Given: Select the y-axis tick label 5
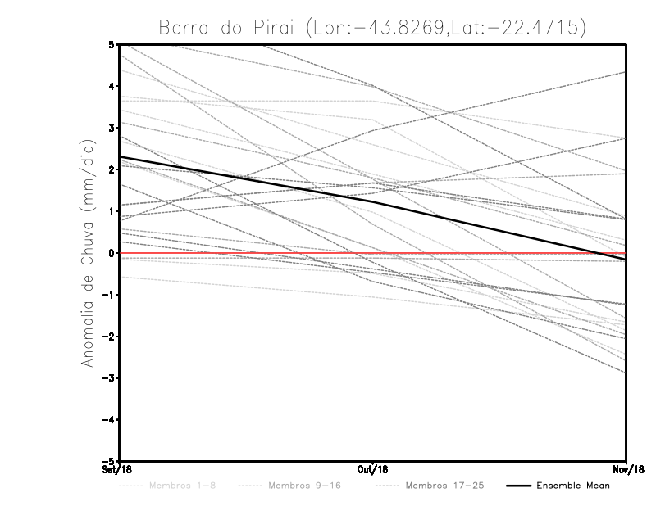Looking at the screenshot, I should pyautogui.click(x=112, y=44).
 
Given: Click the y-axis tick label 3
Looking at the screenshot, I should pyautogui.click(x=112, y=128).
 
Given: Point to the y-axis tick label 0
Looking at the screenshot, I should pyautogui.click(x=112, y=253).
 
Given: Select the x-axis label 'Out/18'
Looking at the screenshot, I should pyautogui.click(x=373, y=470).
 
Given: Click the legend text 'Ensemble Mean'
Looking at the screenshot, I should pyautogui.click(x=572, y=486).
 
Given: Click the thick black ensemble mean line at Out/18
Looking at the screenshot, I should pyautogui.click(x=373, y=201).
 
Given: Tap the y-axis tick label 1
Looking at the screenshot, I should pyautogui.click(x=112, y=211).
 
